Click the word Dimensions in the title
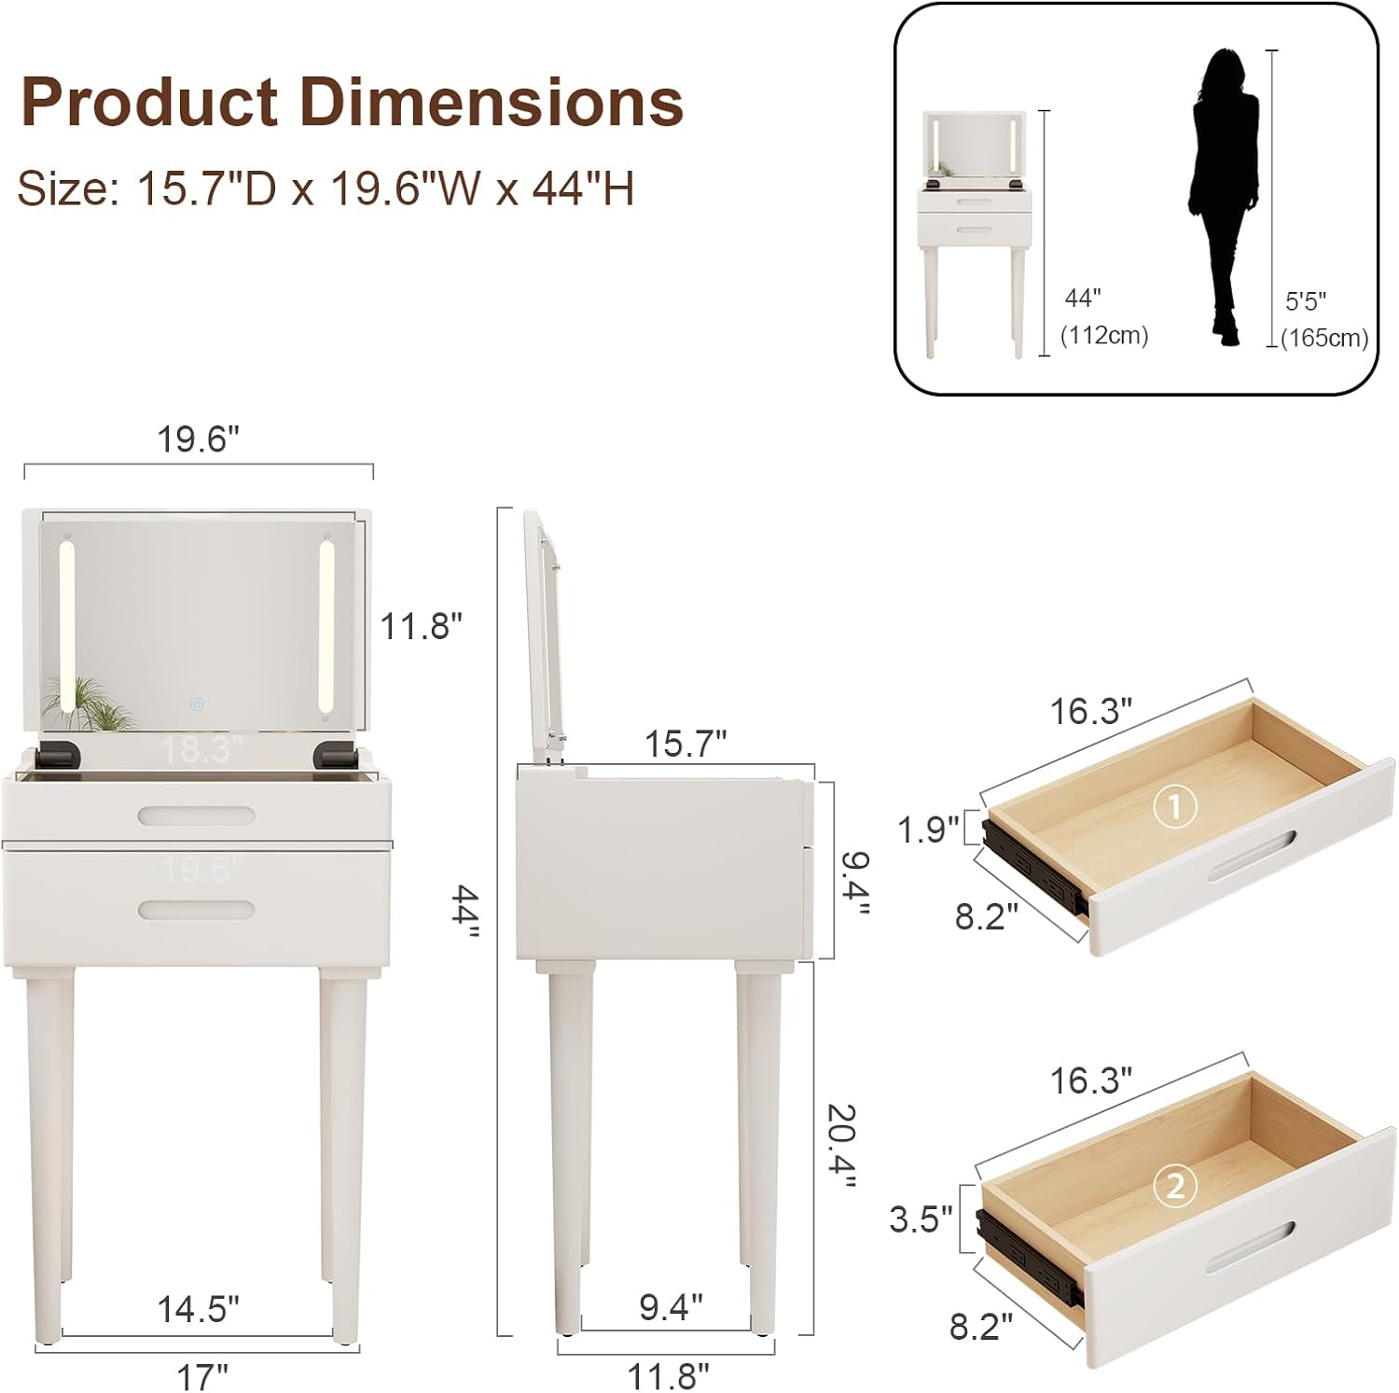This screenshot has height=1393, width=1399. click(x=492, y=102)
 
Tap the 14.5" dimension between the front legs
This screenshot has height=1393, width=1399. click(x=198, y=1309)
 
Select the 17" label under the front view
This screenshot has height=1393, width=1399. click(x=202, y=1375)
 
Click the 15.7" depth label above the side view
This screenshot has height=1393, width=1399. click(x=686, y=744)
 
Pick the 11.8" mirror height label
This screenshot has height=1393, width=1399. click(x=421, y=626)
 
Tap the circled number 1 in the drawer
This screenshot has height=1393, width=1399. click(x=1174, y=806)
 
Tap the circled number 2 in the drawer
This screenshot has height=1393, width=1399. click(x=1174, y=1186)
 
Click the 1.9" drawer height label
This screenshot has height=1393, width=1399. click(x=928, y=829)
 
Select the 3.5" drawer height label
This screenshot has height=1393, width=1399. click(x=921, y=1219)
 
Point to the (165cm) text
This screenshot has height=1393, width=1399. click(x=1324, y=338)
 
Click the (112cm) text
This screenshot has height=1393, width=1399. click(x=1104, y=335)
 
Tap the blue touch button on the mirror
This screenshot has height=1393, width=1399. click(x=197, y=703)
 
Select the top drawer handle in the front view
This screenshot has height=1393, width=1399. click(x=197, y=816)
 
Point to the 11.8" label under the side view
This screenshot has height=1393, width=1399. click(x=668, y=1375)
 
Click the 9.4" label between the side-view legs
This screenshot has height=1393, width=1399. click(x=671, y=1307)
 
